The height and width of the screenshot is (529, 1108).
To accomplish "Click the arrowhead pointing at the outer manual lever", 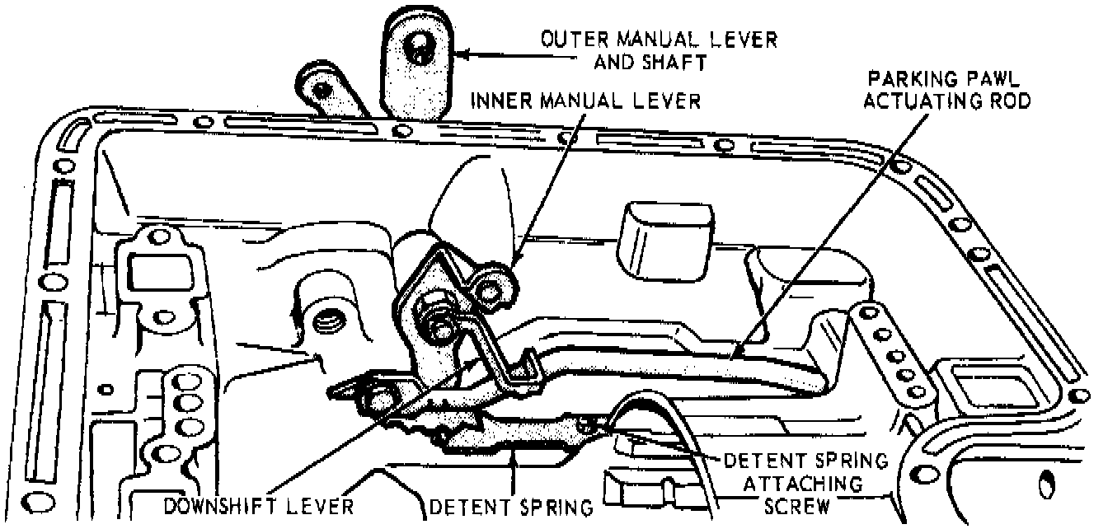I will pos(462,55).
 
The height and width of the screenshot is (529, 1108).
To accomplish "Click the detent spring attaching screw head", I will pos(586,424).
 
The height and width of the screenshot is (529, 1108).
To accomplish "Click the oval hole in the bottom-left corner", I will pos(40,499).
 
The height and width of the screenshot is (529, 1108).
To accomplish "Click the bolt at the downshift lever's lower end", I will pos(382,399).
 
